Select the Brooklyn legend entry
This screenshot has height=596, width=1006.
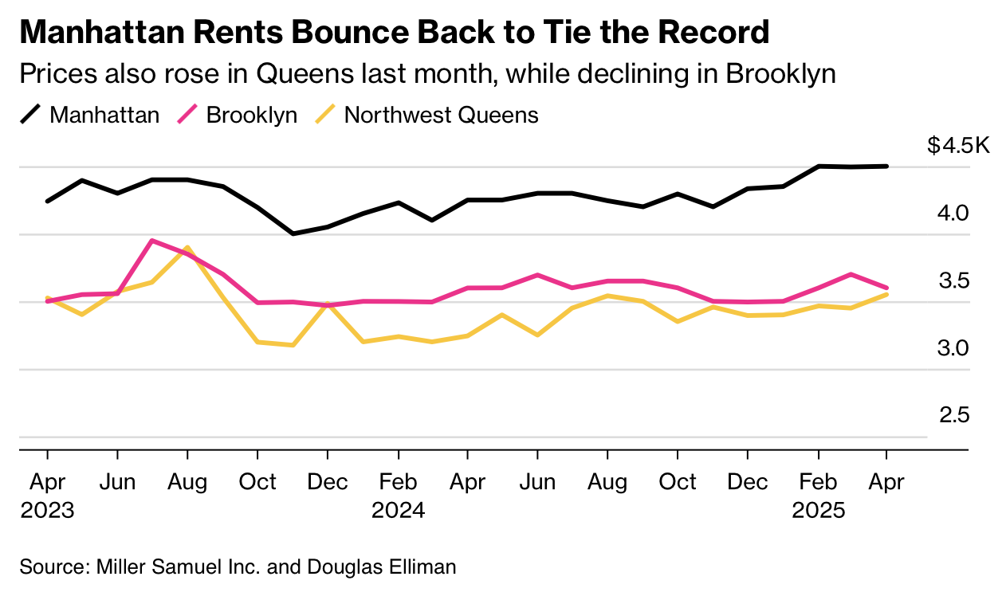pos(251,115)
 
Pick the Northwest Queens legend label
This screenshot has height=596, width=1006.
pos(441,115)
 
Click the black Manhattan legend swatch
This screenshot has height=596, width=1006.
pos(31,115)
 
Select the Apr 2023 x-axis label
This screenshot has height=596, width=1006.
pos(47,495)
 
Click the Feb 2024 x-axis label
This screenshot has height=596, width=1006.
pos(398,495)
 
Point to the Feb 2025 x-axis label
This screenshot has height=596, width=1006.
pos(818,495)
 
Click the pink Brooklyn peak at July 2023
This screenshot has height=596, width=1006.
pos(152,241)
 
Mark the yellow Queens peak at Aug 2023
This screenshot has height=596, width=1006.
pos(187,248)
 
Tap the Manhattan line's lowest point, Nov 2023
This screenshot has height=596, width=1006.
pos(293,233)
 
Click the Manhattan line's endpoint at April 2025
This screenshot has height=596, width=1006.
pos(887,166)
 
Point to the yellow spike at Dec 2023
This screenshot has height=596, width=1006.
pos(327,304)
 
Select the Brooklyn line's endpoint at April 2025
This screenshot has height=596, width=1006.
pos(887,288)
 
